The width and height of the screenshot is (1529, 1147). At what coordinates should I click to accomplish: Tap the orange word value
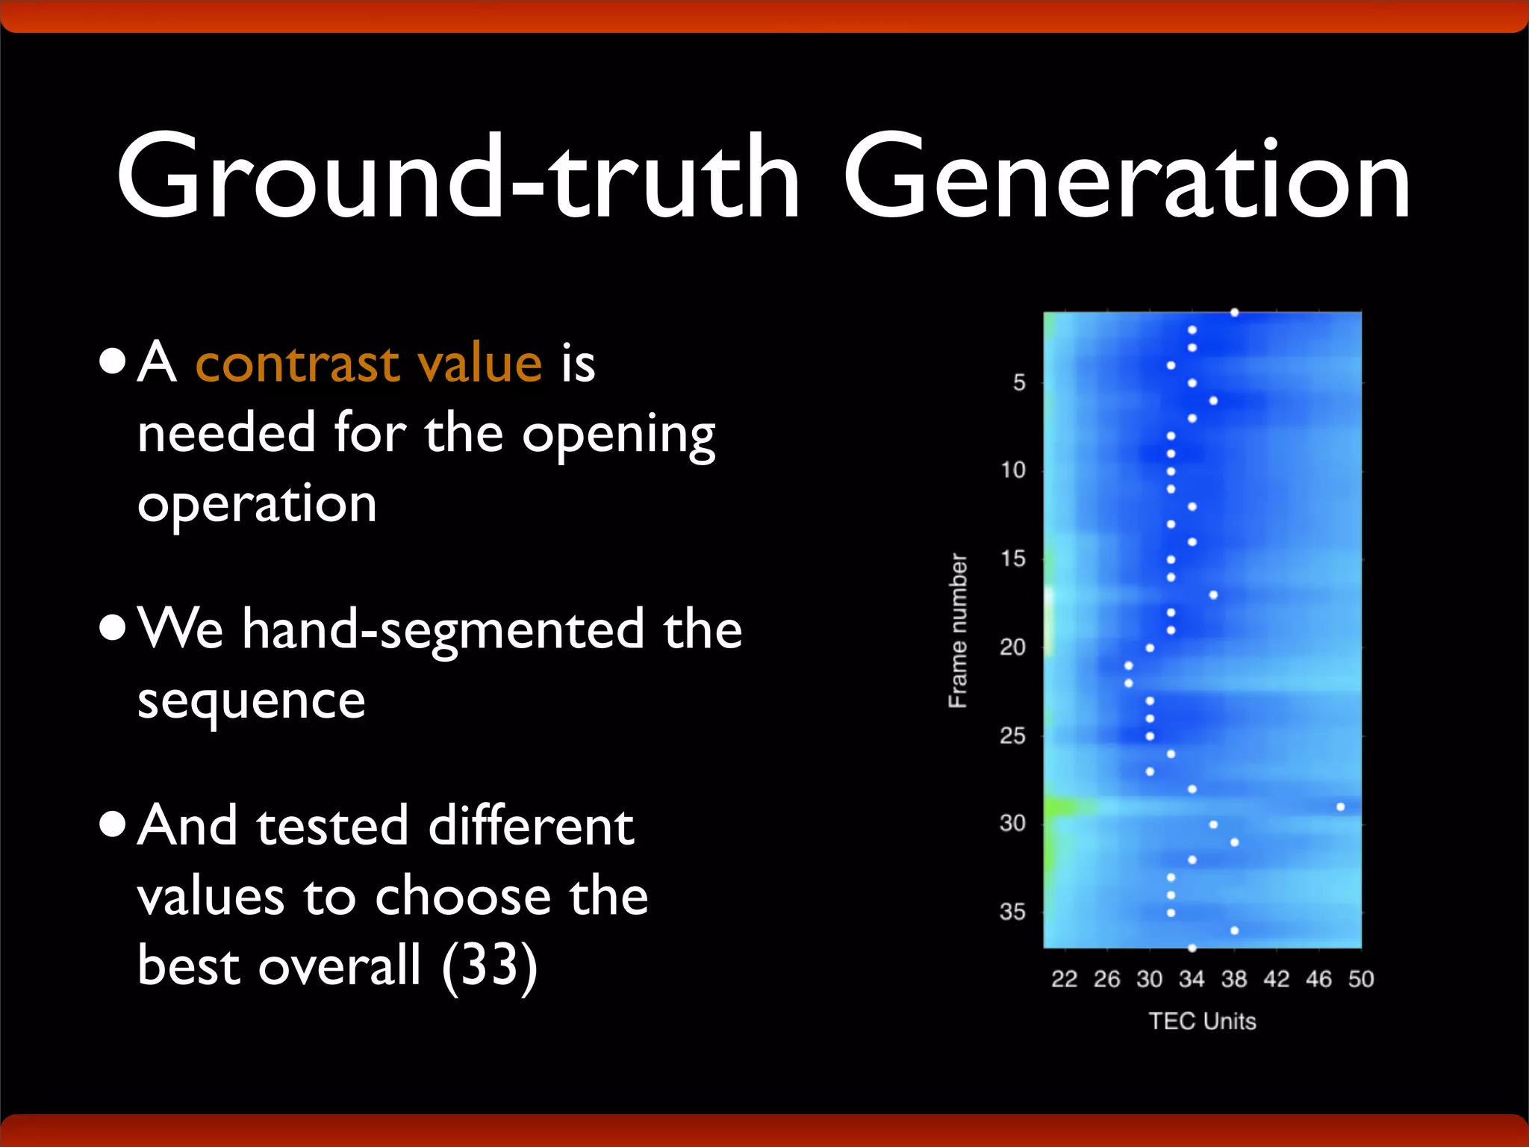[x=479, y=364]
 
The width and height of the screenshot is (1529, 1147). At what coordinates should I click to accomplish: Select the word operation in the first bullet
[x=257, y=504]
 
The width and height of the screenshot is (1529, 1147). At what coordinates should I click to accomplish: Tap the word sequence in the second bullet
[x=251, y=700]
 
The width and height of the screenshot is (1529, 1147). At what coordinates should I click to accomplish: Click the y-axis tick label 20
[x=1012, y=647]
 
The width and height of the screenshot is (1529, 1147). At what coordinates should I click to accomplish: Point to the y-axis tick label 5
[x=1019, y=382]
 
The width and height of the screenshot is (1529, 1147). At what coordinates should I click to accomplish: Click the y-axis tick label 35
[x=1012, y=912]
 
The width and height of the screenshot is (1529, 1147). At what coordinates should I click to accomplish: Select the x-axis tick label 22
[x=1064, y=979]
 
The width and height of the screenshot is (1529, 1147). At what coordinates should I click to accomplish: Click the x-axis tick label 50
[x=1361, y=979]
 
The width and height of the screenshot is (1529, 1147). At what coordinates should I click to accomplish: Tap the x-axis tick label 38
[x=1234, y=979]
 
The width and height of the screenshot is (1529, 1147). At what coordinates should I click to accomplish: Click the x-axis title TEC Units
[x=1202, y=1021]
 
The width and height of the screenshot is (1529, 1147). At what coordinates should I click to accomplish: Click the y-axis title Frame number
[x=958, y=631]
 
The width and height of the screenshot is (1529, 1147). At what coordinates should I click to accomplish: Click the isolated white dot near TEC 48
[x=1340, y=806]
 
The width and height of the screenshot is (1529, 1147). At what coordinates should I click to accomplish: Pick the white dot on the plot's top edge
[x=1234, y=312]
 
